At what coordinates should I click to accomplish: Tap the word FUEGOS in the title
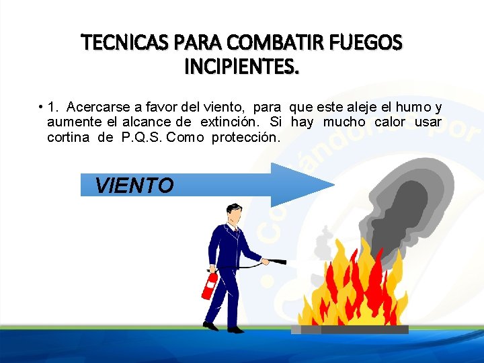pos(368,44)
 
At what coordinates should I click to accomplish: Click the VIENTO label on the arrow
pos(134,186)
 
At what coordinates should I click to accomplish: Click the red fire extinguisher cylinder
pos(210,286)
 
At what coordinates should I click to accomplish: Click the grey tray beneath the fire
pos(350,329)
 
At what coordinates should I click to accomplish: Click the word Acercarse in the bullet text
pos(93,107)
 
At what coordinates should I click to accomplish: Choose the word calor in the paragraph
pos(390,122)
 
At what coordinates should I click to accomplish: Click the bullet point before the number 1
pos(41,107)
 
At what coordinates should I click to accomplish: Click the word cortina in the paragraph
pos(68,138)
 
